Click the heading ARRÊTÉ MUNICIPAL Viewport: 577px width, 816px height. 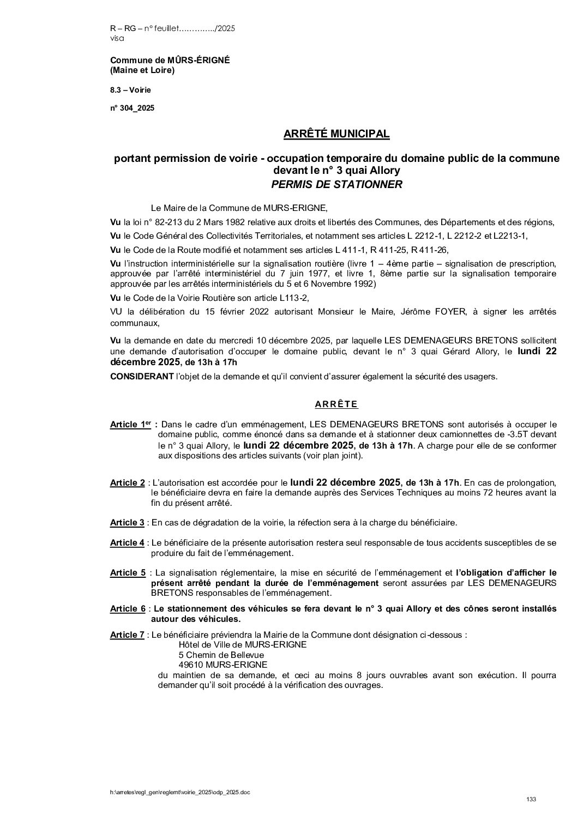coord(336,134)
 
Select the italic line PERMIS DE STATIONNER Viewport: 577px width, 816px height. coord(336,184)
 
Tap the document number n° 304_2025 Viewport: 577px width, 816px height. coord(132,108)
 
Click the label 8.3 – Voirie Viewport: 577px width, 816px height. coord(130,90)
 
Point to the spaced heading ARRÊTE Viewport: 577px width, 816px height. coord(336,404)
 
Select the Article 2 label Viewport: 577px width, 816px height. coord(127,483)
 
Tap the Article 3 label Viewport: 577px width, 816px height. coord(127,523)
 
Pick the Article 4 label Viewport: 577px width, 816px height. coord(127,543)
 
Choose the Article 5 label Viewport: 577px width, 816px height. coord(128,573)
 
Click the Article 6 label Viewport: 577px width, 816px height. coord(128,609)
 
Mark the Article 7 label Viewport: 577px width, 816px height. coord(127,635)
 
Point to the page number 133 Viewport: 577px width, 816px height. coord(531,799)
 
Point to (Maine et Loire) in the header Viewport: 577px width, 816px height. coord(142,70)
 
